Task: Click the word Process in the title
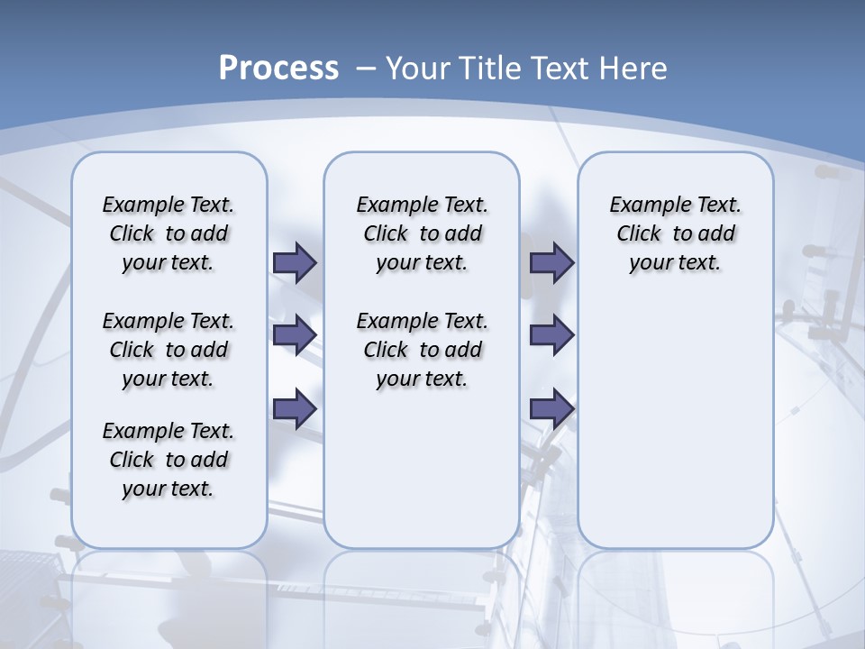coord(278,68)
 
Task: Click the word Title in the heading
coord(492,68)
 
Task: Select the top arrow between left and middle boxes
coord(295,263)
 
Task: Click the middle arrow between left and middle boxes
coord(295,335)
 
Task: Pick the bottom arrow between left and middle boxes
coord(295,408)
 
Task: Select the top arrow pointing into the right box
coord(551,263)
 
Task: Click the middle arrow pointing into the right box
coord(551,335)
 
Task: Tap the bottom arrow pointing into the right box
coord(551,408)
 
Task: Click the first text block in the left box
coord(168,233)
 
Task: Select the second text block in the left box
coord(168,350)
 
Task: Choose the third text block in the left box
coord(168,460)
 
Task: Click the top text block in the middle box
coord(422,233)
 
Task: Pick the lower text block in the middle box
coord(422,350)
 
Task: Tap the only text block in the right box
coord(676,233)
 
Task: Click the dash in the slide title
coord(366,68)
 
